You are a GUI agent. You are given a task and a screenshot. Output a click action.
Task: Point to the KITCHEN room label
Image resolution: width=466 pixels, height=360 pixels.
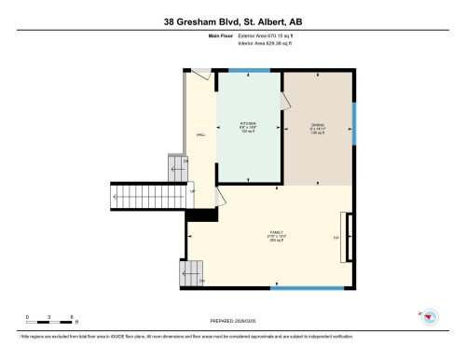coord(248,124)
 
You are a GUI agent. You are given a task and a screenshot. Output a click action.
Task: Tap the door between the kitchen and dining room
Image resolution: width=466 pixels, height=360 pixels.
coord(281,93)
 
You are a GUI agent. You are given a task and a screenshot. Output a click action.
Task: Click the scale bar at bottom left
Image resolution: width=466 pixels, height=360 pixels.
coord(52,320)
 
